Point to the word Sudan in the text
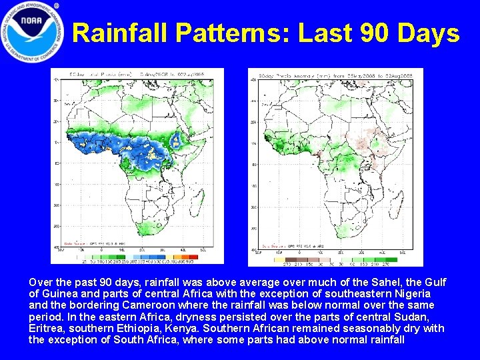pyautogui.click(x=418, y=316)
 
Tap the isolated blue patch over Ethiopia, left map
pyautogui.click(x=177, y=141)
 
